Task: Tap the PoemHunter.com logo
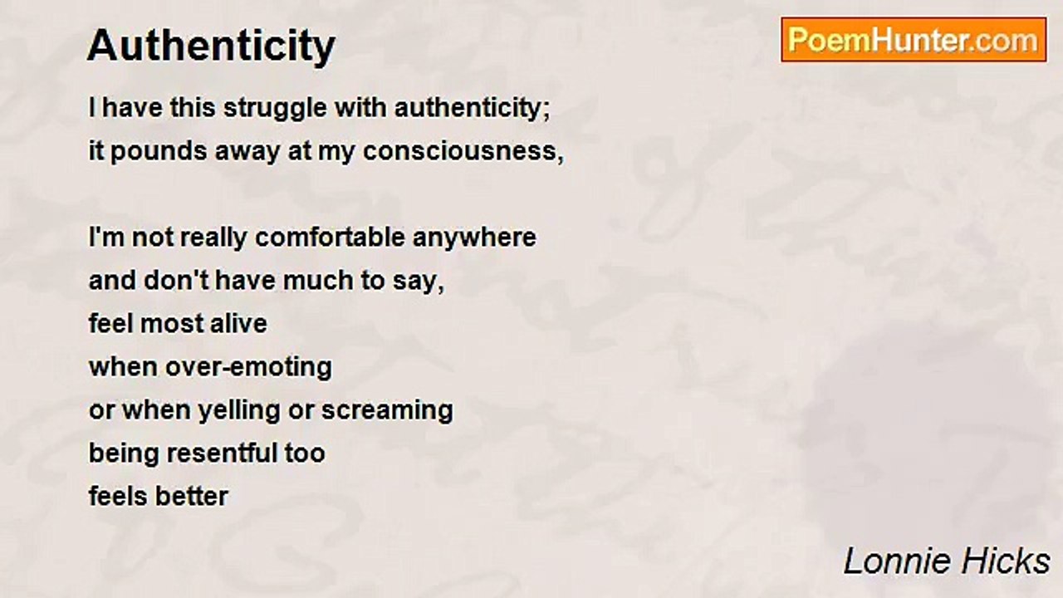914,40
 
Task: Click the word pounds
154,152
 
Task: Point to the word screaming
387,410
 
